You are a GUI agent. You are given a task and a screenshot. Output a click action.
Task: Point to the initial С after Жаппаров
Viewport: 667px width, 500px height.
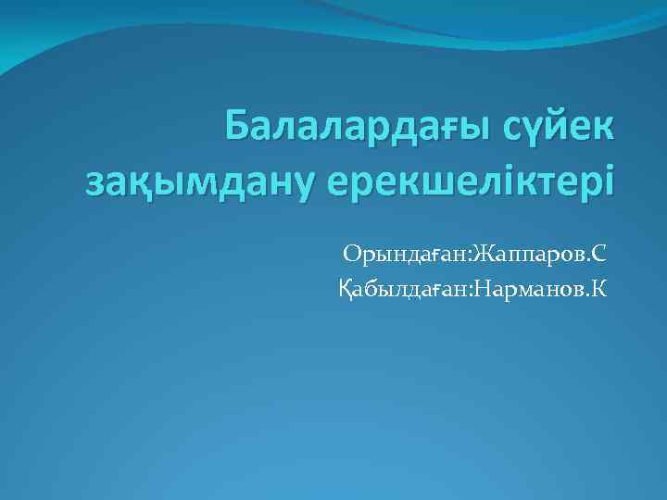599,252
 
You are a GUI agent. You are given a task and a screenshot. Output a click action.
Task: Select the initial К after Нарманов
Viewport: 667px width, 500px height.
600,290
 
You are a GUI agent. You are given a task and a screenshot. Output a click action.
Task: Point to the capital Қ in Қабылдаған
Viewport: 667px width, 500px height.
346,291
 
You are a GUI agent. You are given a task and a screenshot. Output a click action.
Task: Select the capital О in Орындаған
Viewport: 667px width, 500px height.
351,252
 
